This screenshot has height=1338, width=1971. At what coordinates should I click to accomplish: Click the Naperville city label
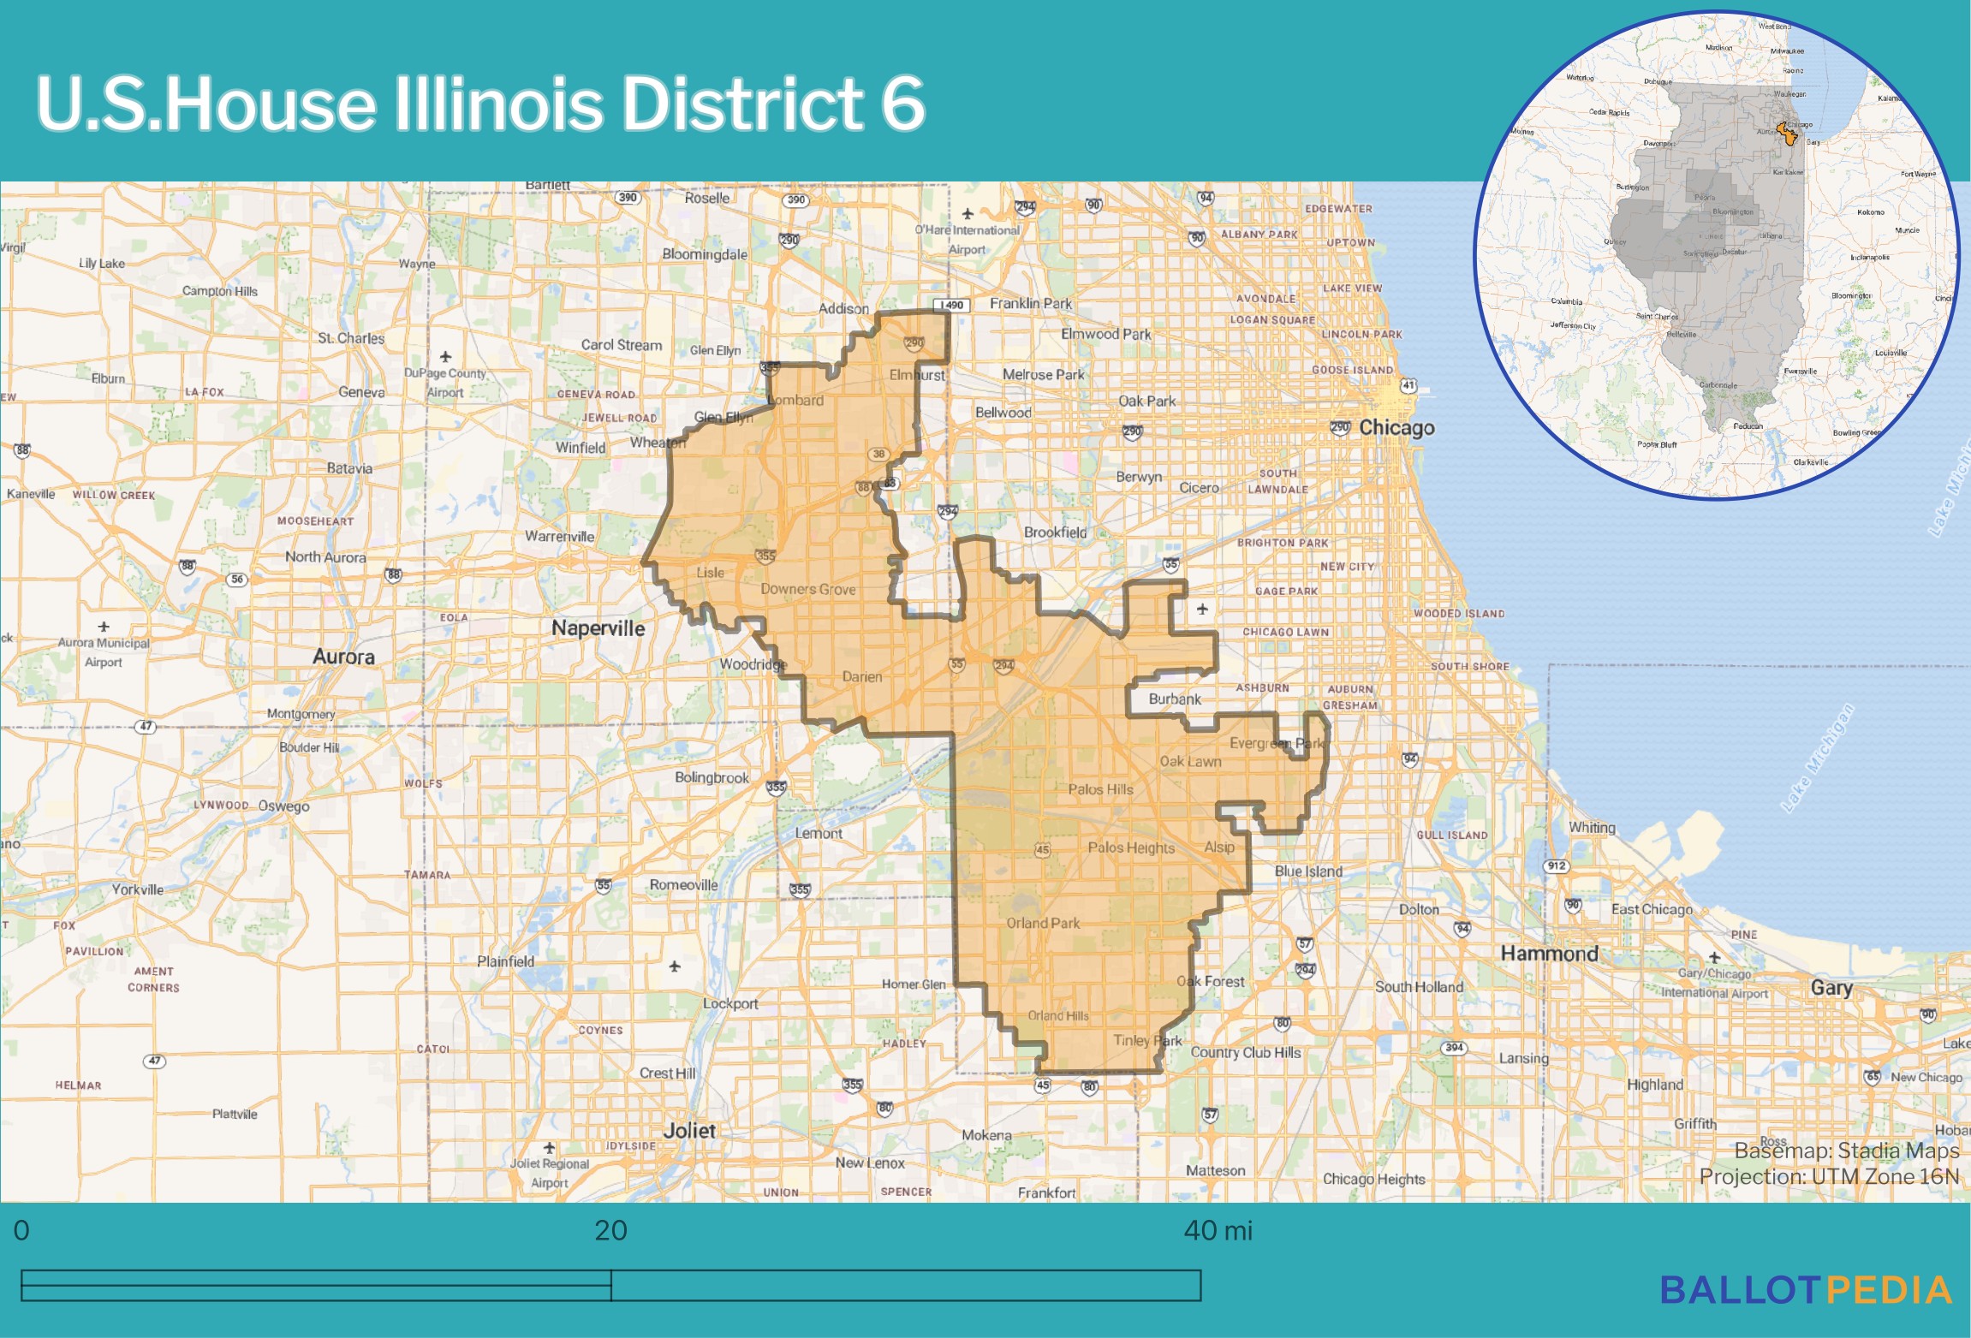(598, 627)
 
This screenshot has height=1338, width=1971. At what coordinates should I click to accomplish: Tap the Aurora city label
(343, 657)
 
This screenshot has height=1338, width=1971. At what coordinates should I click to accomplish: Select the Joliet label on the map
(688, 1130)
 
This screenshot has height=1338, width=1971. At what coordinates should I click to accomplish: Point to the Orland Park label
(1043, 923)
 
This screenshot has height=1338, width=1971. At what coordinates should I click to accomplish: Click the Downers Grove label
(807, 589)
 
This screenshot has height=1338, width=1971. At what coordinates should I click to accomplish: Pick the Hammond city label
(1549, 953)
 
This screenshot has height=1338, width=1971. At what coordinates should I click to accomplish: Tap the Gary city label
(1831, 987)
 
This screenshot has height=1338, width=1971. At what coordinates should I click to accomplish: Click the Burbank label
(1175, 699)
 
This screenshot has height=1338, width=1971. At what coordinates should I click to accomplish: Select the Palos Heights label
(1131, 847)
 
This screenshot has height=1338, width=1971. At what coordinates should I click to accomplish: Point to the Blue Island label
(1308, 871)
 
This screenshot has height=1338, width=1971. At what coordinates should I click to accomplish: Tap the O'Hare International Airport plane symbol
(968, 213)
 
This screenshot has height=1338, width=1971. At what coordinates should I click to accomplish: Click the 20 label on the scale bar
(610, 1230)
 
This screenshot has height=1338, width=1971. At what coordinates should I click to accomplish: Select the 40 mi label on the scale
(1218, 1230)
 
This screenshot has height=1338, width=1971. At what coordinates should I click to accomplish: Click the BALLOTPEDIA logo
(1806, 1290)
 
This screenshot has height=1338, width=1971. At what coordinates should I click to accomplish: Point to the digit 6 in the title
(902, 104)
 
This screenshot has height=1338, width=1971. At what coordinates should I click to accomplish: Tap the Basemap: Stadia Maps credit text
(1846, 1150)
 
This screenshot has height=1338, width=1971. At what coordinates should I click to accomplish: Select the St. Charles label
(351, 338)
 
